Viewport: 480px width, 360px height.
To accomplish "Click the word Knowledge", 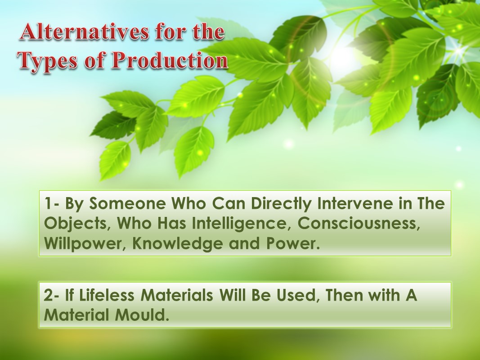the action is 178,244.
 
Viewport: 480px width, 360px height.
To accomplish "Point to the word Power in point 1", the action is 293,244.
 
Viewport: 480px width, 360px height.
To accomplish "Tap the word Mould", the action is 142,315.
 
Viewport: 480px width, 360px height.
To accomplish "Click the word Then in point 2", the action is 345,295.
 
